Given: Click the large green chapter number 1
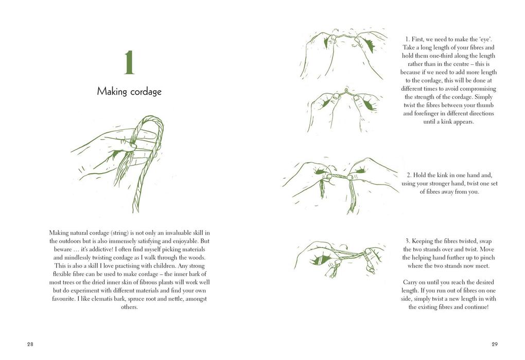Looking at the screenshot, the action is pyautogui.click(x=129, y=63).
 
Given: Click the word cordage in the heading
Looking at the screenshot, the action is pyautogui.click(x=146, y=92).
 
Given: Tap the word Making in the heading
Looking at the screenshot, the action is pyautogui.click(x=112, y=92).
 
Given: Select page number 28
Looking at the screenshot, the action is pyautogui.click(x=30, y=344).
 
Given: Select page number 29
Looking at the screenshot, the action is pyautogui.click(x=495, y=344).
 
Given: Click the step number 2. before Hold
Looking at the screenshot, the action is pyautogui.click(x=409, y=175).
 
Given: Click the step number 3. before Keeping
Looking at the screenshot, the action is pyautogui.click(x=408, y=241).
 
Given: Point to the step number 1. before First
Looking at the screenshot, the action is pyautogui.click(x=408, y=39).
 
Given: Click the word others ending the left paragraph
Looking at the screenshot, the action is pyautogui.click(x=129, y=307).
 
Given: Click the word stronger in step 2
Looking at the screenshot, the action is pyautogui.click(x=437, y=183).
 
